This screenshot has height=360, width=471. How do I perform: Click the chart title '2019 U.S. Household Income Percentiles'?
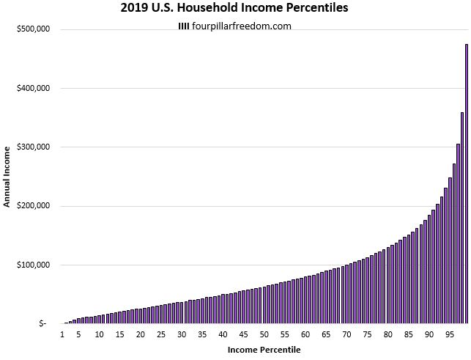click(x=234, y=10)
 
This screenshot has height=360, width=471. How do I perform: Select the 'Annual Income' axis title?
click(x=7, y=176)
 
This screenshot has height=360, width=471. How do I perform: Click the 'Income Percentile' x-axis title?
click(x=264, y=350)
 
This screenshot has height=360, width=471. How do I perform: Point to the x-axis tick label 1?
click(x=63, y=335)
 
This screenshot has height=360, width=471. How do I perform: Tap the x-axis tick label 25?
click(x=161, y=335)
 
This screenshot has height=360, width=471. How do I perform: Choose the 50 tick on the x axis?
click(x=264, y=335)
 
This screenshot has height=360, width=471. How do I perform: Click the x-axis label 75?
click(x=366, y=335)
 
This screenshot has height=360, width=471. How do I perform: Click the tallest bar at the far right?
click(x=467, y=183)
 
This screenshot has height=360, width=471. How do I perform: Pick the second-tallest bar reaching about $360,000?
click(x=462, y=220)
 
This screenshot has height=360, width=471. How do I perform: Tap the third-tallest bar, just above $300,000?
click(x=459, y=235)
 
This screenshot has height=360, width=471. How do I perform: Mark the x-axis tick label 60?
click(x=305, y=335)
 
